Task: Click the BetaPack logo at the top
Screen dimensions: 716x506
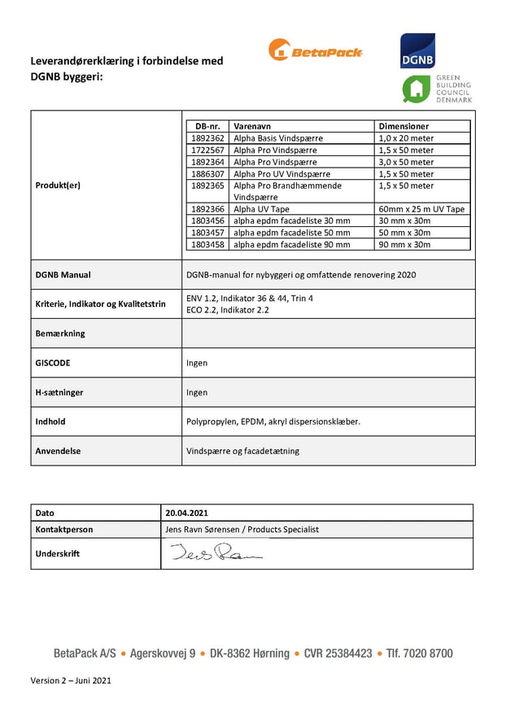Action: (315, 50)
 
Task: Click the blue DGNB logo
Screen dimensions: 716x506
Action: (417, 50)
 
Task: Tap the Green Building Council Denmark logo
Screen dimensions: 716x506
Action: (437, 89)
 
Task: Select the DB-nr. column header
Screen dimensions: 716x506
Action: (208, 127)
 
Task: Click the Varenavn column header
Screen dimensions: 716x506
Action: (252, 127)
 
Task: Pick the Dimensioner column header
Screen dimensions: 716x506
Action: (404, 127)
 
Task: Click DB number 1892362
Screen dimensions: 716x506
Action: (208, 138)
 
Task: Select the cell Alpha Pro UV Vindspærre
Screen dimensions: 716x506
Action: (281, 174)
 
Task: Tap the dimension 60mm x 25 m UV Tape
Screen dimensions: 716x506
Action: (421, 209)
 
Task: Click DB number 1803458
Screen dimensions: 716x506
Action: (208, 244)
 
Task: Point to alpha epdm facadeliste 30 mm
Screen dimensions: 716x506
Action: (291, 220)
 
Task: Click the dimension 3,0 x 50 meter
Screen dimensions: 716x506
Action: (406, 162)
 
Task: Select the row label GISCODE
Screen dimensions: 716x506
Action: (54, 363)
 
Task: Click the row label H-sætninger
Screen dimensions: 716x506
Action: (59, 392)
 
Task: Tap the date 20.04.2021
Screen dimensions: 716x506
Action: (186, 513)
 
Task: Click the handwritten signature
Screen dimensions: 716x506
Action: (216, 554)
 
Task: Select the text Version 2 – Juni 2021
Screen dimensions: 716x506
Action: (71, 680)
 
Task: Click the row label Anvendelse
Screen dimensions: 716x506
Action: (58, 451)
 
